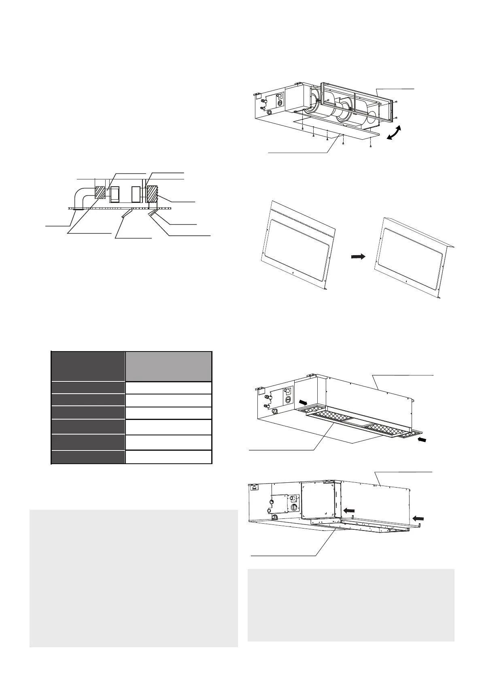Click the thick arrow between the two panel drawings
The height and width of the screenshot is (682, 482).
point(358,256)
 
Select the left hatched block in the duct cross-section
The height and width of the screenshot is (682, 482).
point(100,192)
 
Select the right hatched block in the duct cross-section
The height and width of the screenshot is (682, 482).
point(153,194)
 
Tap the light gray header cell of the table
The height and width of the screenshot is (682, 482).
point(168,366)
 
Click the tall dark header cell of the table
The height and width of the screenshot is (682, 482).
point(88,366)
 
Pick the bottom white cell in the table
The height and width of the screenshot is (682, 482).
point(168,457)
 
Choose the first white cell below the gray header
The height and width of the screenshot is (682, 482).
point(168,388)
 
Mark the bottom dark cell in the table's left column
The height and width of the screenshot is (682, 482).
point(88,457)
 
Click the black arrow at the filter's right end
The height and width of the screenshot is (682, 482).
point(421,440)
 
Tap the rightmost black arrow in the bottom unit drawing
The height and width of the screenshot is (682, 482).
point(418,518)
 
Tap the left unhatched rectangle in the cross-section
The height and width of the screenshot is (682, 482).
point(115,194)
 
